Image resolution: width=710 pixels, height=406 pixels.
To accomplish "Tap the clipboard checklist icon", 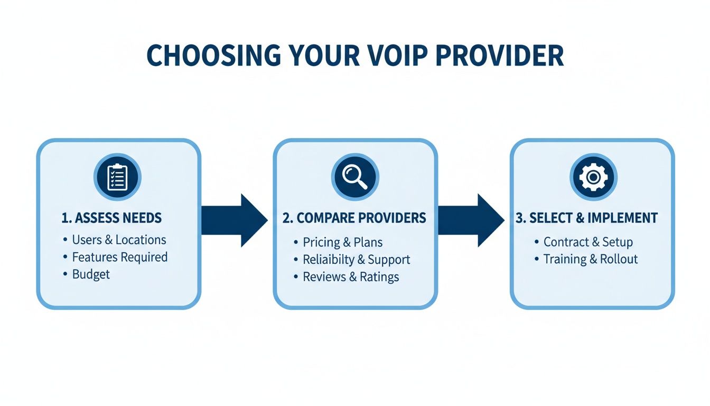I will pyautogui.click(x=116, y=177).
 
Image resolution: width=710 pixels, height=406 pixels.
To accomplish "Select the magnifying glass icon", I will pyautogui.click(x=354, y=177).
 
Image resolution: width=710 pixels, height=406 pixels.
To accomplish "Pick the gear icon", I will pyautogui.click(x=593, y=177).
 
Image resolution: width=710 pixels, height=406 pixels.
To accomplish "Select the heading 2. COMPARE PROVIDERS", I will pyautogui.click(x=354, y=218).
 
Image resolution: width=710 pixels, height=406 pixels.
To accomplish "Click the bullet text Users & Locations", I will pyautogui.click(x=119, y=240).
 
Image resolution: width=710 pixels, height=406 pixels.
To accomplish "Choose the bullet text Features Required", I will pyautogui.click(x=119, y=257).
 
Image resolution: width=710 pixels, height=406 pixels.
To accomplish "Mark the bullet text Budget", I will pyautogui.click(x=91, y=274).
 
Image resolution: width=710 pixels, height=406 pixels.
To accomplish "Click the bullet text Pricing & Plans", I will pyautogui.click(x=342, y=243).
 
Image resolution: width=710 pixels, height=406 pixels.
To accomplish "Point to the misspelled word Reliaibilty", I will pyautogui.click(x=328, y=260).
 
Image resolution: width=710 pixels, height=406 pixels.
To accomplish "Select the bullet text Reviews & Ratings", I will pyautogui.click(x=351, y=277).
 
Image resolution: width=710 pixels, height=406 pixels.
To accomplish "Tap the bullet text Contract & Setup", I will pyautogui.click(x=588, y=242).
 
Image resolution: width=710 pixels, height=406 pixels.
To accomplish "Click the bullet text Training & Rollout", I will pyautogui.click(x=591, y=259).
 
